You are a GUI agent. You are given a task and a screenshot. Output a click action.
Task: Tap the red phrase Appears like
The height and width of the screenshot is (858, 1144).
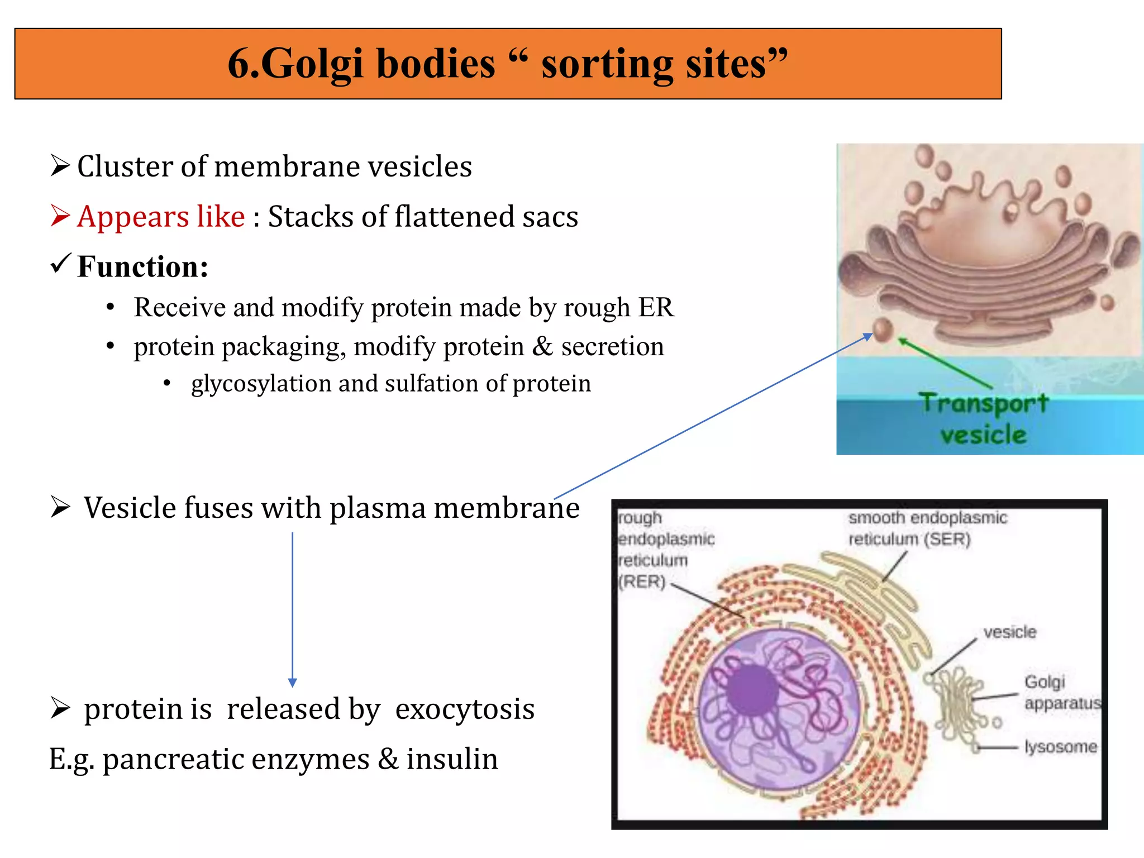click(x=161, y=217)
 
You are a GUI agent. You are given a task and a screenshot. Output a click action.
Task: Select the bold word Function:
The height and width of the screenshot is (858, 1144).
click(x=143, y=266)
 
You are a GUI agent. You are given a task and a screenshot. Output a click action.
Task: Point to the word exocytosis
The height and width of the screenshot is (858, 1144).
click(x=465, y=709)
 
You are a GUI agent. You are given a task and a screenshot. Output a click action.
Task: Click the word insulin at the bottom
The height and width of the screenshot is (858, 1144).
click(x=452, y=760)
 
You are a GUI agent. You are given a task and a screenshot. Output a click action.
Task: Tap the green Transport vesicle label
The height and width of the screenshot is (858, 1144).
click(x=984, y=418)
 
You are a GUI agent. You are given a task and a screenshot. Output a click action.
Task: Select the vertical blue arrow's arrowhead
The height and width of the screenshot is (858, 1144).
click(x=292, y=682)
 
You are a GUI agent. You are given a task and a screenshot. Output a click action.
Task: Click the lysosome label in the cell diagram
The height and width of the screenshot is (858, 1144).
click(x=1060, y=747)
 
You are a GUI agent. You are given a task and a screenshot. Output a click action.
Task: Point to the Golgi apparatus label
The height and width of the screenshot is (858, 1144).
click(x=1061, y=693)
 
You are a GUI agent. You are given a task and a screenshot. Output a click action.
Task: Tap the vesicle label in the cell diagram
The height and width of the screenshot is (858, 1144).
click(x=1009, y=632)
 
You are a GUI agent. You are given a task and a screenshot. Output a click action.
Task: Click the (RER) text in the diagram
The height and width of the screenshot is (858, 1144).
click(x=642, y=581)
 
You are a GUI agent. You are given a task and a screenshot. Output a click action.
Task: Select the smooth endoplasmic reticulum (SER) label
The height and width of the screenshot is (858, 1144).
click(x=927, y=528)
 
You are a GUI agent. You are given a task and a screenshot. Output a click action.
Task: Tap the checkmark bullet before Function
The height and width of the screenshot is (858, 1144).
click(x=60, y=263)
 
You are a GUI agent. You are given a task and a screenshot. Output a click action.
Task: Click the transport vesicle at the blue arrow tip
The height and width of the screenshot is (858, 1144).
click(x=883, y=329)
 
